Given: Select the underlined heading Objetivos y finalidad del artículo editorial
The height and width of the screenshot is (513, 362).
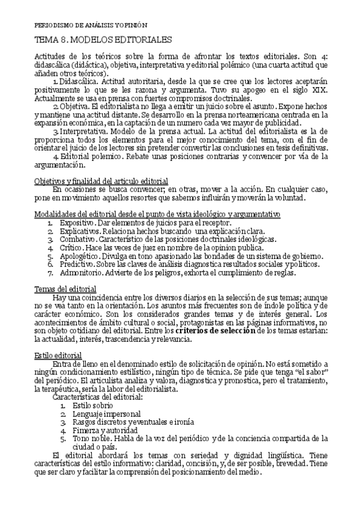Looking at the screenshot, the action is (100, 181).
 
